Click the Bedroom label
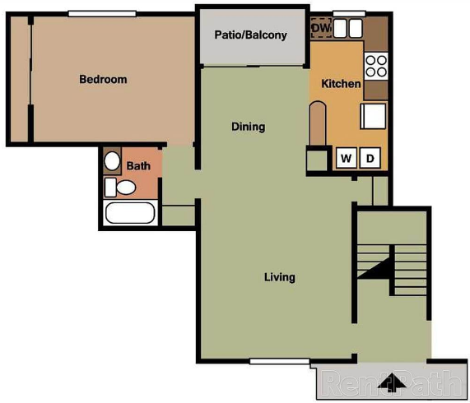point(103,79)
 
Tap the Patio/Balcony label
point(250,35)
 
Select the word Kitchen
point(341,84)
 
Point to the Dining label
point(249,127)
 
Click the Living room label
point(279,277)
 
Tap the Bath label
point(138,166)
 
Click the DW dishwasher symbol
point(321,28)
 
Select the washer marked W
point(347,158)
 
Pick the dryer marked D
point(370,158)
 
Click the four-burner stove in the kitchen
point(376,66)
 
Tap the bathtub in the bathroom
point(130,213)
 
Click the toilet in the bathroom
point(120,188)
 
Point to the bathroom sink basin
point(112,161)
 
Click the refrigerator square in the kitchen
point(373,116)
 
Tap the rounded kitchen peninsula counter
point(318,123)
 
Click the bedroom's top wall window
point(102,14)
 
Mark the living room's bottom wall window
point(279,361)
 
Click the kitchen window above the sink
point(349,14)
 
